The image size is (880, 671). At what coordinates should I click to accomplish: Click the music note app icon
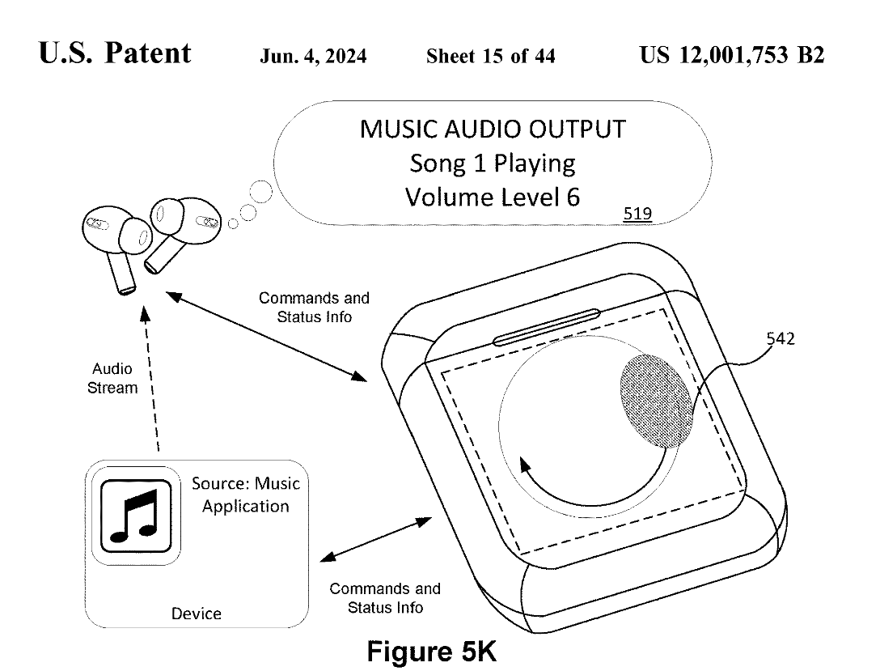(134, 515)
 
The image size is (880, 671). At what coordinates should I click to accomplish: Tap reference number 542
(780, 340)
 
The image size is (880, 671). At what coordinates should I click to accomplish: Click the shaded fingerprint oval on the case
(656, 399)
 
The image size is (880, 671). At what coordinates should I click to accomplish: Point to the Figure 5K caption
(431, 650)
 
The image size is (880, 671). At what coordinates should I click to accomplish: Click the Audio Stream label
(112, 379)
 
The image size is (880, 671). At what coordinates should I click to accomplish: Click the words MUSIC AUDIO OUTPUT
(492, 130)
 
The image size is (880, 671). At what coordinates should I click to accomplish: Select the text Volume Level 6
(492, 197)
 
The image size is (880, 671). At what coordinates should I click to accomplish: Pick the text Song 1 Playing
(492, 164)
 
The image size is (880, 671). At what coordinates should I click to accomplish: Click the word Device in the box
(196, 614)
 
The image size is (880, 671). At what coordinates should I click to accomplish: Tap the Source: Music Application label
(245, 495)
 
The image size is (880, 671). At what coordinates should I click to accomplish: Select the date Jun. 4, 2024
(313, 56)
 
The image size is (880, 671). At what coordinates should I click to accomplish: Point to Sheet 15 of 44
(490, 56)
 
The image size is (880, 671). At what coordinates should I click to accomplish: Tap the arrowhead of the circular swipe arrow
(526, 467)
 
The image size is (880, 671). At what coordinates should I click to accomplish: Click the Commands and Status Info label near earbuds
(314, 308)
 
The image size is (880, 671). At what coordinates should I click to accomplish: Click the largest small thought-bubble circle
(261, 193)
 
